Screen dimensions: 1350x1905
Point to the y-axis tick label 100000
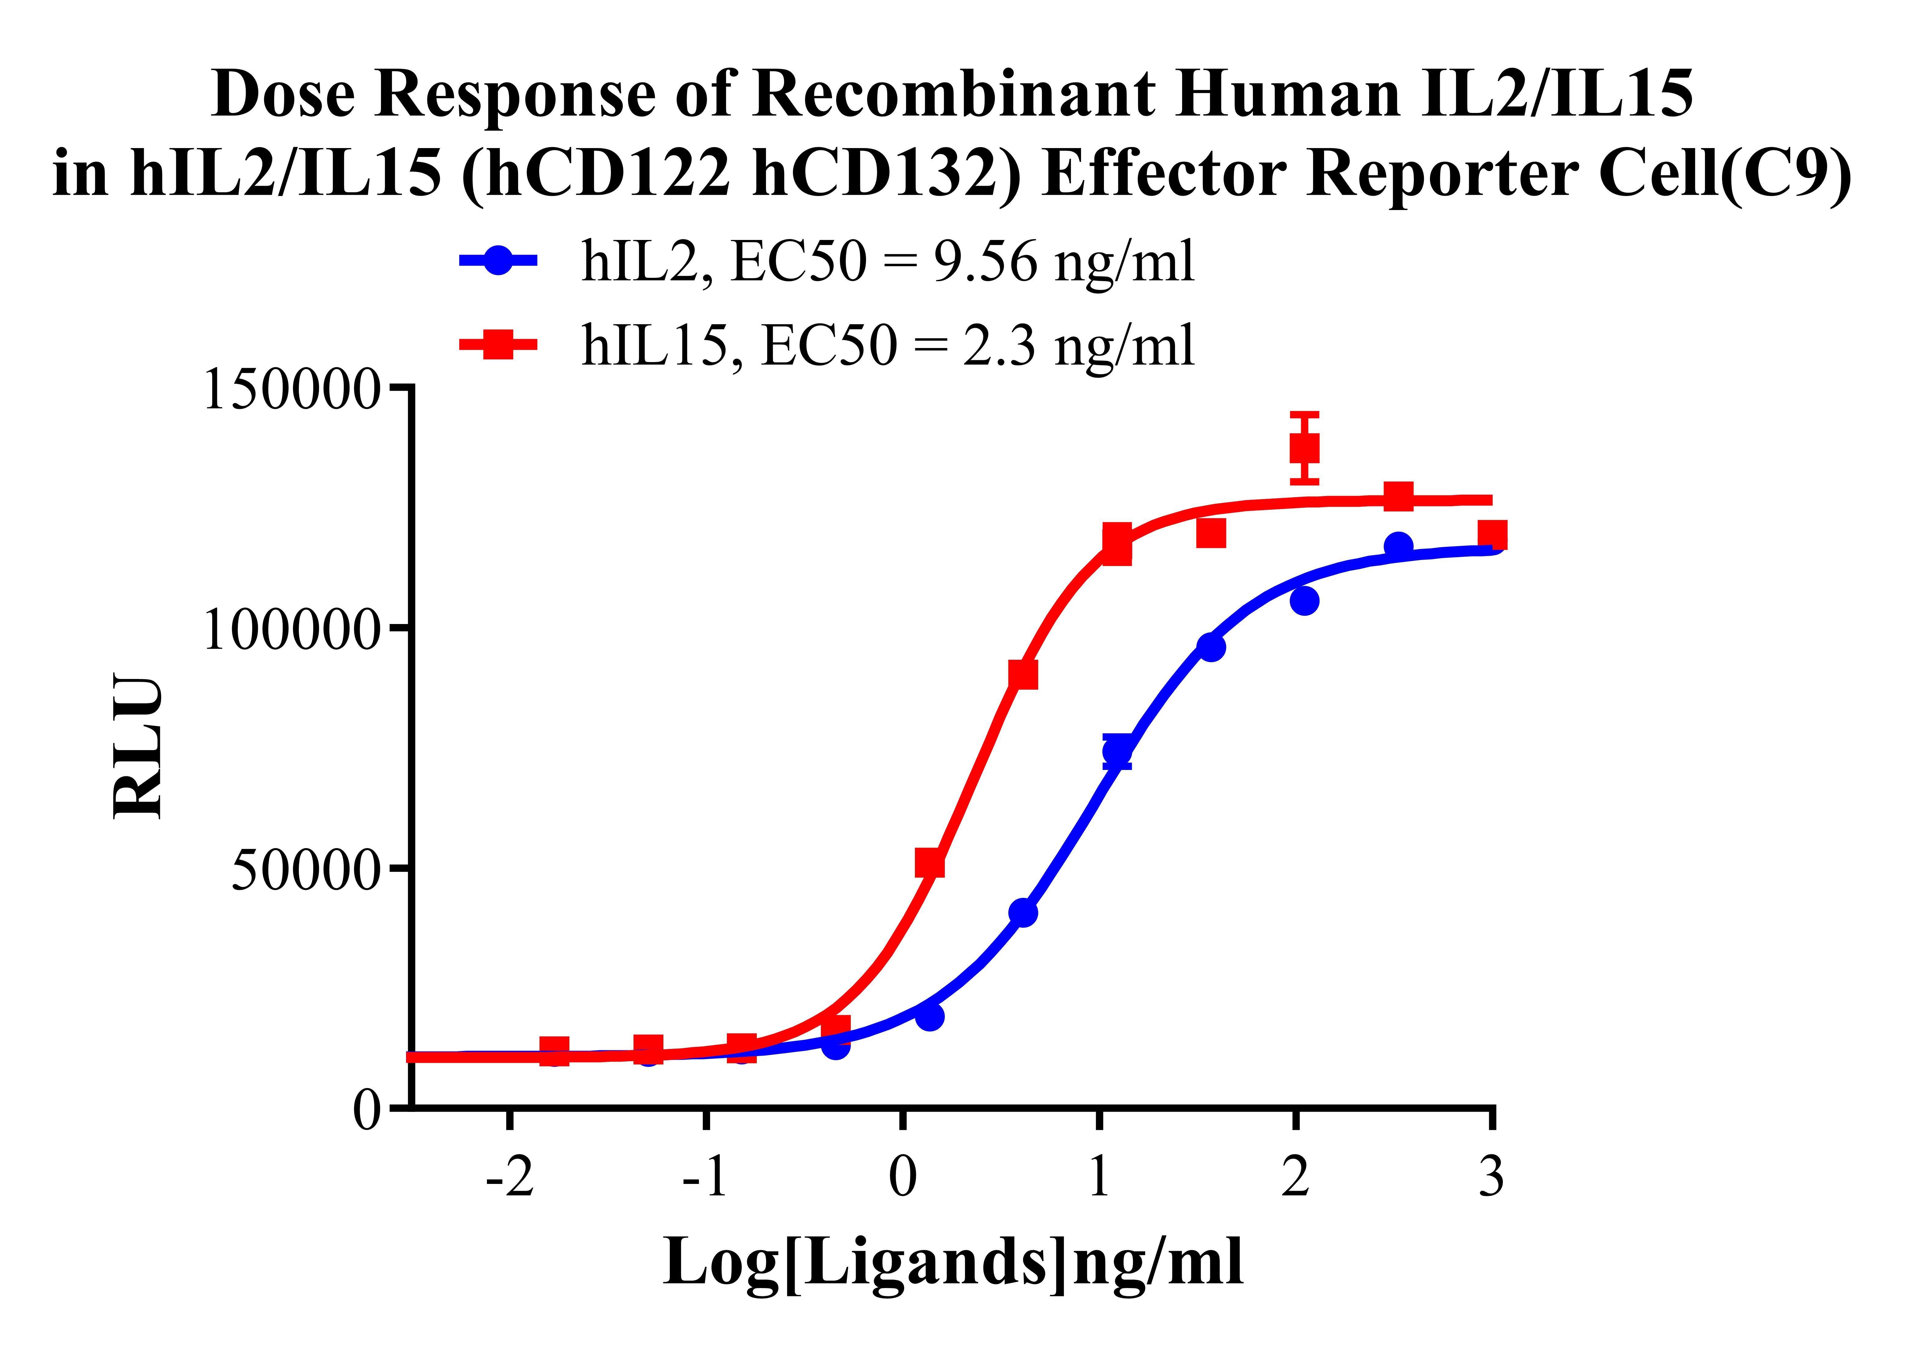coord(291,629)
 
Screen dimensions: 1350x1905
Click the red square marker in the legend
coord(498,344)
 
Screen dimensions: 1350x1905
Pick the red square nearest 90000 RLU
coord(1023,674)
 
